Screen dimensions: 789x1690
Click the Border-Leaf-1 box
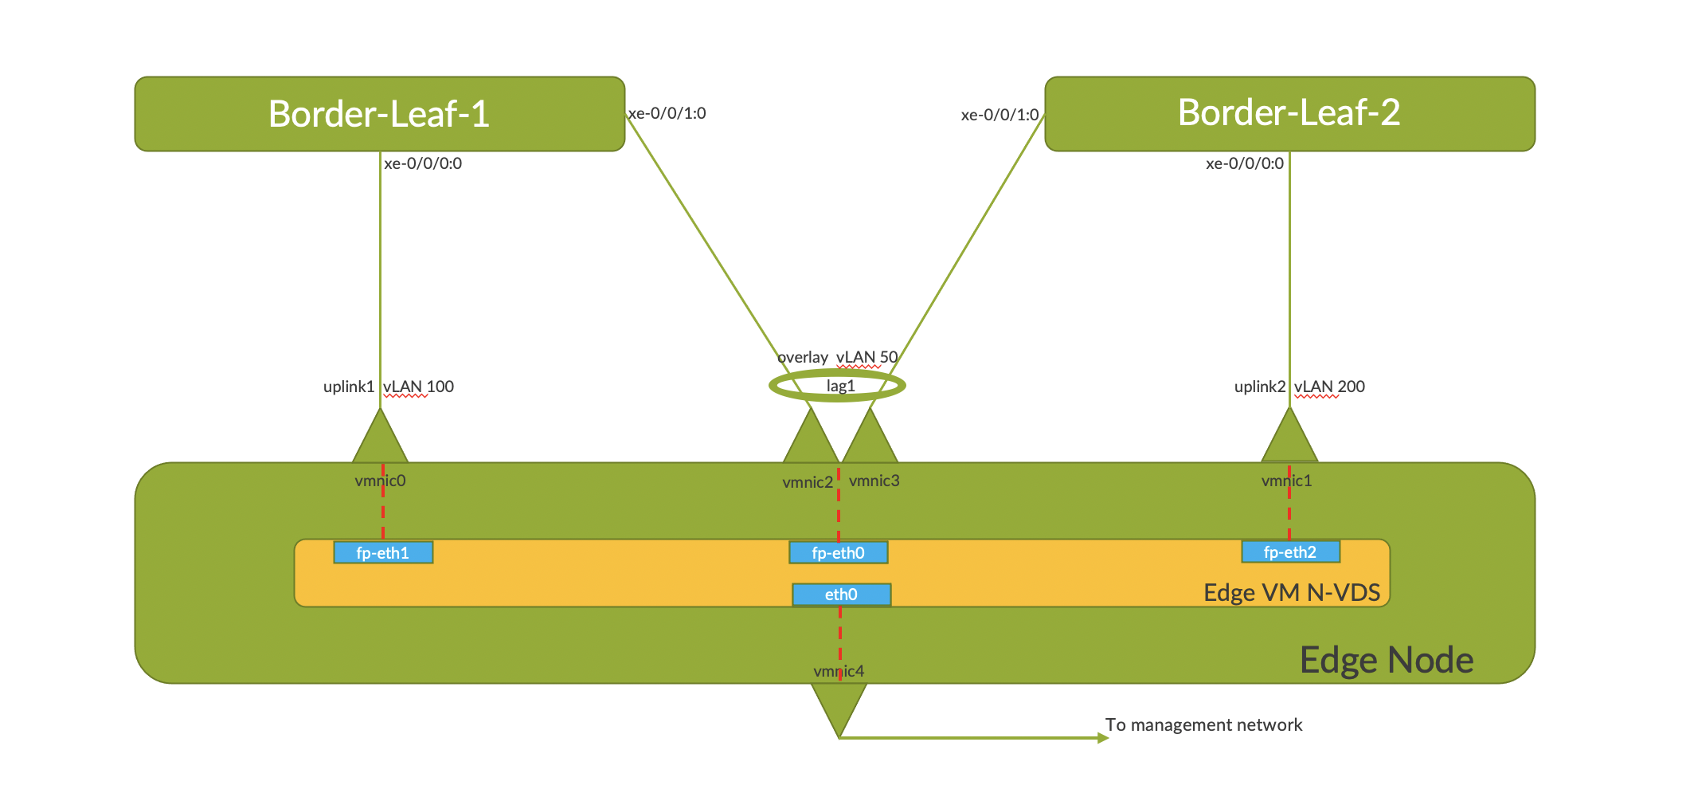(x=379, y=114)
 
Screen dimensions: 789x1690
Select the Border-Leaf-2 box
(x=1289, y=113)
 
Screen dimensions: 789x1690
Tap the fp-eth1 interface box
(x=383, y=552)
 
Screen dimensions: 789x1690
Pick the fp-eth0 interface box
(x=838, y=552)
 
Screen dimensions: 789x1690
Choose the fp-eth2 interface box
(x=1290, y=552)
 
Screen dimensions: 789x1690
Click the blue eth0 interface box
(x=841, y=595)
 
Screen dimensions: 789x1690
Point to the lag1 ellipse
(x=838, y=386)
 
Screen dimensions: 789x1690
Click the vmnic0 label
(x=380, y=481)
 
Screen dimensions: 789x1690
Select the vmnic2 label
(x=807, y=482)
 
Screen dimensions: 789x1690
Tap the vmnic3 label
(x=874, y=481)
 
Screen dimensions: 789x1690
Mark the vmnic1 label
(x=1286, y=481)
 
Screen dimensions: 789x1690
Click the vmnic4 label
(x=838, y=671)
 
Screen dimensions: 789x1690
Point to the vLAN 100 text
(x=418, y=387)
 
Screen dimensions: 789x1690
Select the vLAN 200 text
(x=1329, y=387)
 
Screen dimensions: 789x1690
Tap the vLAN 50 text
(x=867, y=357)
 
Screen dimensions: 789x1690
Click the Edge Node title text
(x=1386, y=660)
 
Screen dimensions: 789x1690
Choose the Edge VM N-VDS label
(x=1291, y=592)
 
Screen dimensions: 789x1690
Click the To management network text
(x=1203, y=724)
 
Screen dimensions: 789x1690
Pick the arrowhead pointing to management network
(x=1103, y=738)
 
